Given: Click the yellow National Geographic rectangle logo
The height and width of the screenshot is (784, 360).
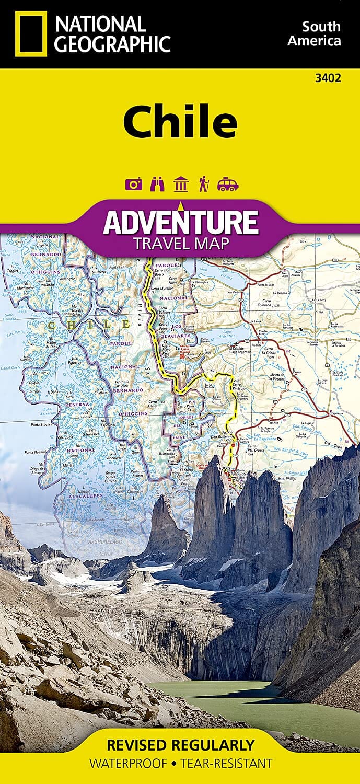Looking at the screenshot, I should click(x=31, y=34).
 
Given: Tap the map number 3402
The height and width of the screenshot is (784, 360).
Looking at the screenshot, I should click(x=329, y=78).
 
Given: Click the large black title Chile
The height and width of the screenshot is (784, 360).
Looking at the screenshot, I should click(x=180, y=122).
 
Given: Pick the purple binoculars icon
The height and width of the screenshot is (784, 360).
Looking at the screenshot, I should click(x=156, y=185).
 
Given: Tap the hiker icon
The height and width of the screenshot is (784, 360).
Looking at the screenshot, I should click(x=204, y=185).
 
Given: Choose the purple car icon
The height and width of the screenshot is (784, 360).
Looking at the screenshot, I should click(x=228, y=185).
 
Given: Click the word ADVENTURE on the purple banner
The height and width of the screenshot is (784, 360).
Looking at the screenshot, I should click(x=180, y=222).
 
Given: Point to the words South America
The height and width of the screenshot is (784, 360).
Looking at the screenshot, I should click(x=321, y=33).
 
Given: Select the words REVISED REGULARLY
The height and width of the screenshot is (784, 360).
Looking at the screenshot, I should click(x=180, y=744).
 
